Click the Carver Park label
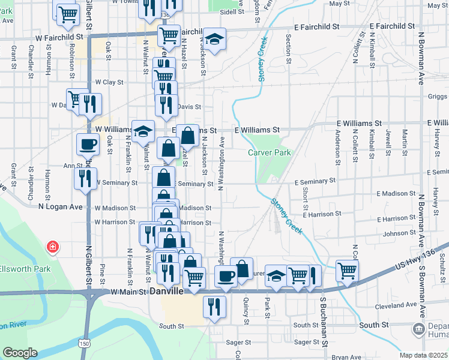(270, 152)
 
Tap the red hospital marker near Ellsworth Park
(53, 247)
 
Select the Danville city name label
(165, 290)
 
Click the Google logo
(20, 353)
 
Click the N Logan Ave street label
(60, 206)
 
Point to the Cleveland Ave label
(396, 305)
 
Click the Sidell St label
(228, 11)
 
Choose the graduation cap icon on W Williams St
(143, 131)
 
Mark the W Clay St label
(109, 82)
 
